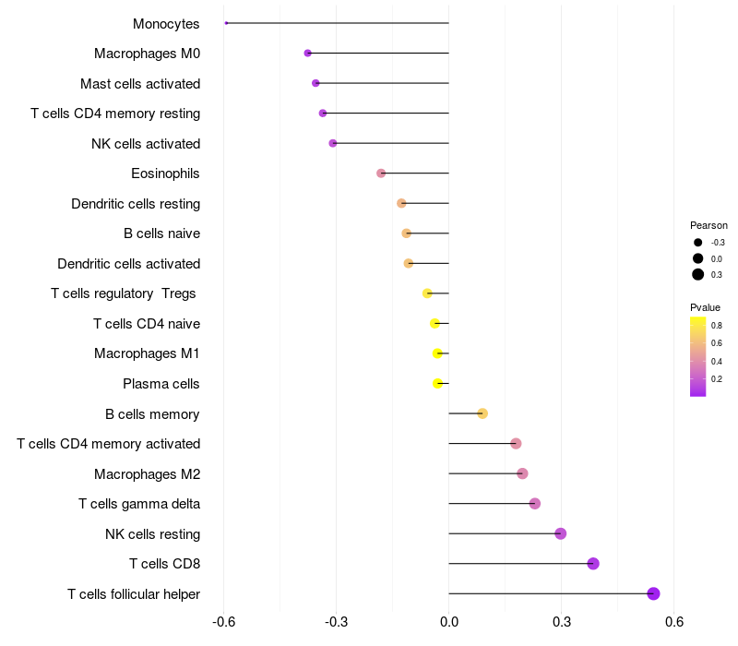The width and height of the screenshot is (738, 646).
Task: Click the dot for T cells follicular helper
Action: tap(653, 593)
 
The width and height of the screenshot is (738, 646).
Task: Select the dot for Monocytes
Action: tap(226, 23)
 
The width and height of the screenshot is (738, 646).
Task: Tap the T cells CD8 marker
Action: tap(593, 564)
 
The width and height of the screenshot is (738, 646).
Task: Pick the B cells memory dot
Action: tap(482, 413)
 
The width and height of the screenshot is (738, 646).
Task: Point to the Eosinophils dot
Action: tap(381, 173)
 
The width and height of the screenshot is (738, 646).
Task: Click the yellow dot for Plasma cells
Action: tap(438, 383)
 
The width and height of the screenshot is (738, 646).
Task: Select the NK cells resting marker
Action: tap(560, 533)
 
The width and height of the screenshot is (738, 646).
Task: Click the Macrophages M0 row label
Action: tap(147, 54)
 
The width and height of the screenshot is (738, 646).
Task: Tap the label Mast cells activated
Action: tap(140, 84)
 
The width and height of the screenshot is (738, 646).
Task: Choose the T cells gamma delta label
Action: tap(139, 504)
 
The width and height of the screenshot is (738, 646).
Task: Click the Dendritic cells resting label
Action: tap(136, 204)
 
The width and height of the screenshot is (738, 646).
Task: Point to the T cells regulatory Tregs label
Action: tap(125, 293)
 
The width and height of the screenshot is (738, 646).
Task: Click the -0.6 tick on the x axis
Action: tap(223, 623)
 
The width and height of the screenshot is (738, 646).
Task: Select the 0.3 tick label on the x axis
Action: tap(562, 623)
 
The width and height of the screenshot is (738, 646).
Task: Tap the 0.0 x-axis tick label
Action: tap(449, 623)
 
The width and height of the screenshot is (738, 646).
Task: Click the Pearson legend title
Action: tap(708, 225)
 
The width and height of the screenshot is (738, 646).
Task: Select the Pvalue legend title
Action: tap(705, 307)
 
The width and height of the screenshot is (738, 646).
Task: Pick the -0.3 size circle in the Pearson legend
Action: tap(697, 243)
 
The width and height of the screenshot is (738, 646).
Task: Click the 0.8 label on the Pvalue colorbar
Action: tap(717, 326)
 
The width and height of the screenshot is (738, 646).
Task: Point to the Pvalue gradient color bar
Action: tap(697, 356)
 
